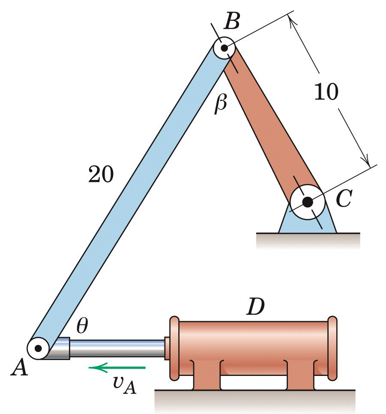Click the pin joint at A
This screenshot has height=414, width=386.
[x=39, y=348]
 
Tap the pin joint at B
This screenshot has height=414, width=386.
[x=224, y=47]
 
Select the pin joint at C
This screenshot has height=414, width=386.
[x=307, y=201]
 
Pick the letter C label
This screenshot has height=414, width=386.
[x=344, y=198]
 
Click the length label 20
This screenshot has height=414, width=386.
[x=101, y=174]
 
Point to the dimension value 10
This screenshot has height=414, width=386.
[x=326, y=92]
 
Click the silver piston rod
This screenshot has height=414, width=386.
[x=116, y=349]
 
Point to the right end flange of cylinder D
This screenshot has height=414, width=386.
[x=332, y=349]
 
